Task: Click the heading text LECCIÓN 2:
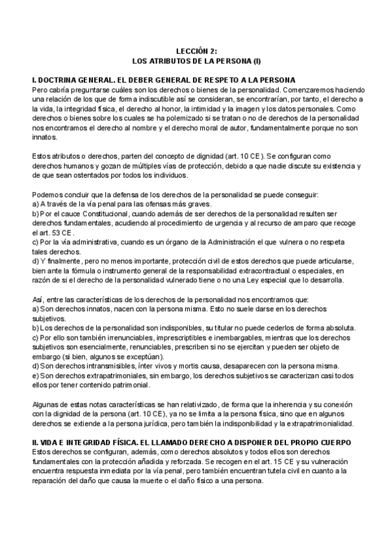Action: (x=195, y=50)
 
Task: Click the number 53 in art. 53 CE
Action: (x=61, y=232)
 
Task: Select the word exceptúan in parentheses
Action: (x=142, y=357)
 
